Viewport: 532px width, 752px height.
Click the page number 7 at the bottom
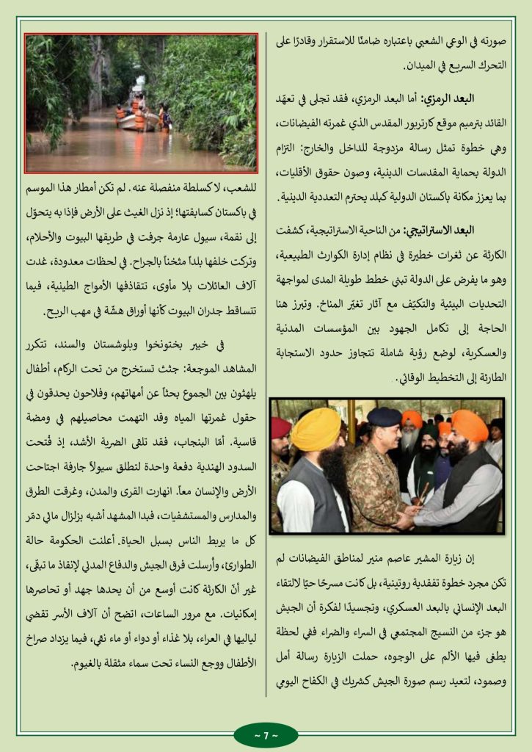click(266, 735)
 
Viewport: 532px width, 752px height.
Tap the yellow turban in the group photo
click(316, 429)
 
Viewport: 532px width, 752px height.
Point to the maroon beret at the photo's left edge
click(281, 427)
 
